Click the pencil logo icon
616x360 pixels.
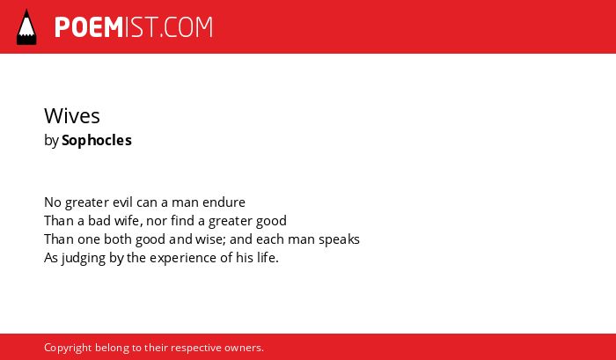tap(26, 27)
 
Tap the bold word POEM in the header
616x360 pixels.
tap(89, 27)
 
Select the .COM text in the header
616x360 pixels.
tap(186, 27)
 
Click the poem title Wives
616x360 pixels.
tap(72, 116)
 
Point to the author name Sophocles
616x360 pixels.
tap(97, 140)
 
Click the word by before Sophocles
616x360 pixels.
tap(51, 141)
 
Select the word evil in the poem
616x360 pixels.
tap(122, 202)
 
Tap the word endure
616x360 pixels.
tap(224, 202)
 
